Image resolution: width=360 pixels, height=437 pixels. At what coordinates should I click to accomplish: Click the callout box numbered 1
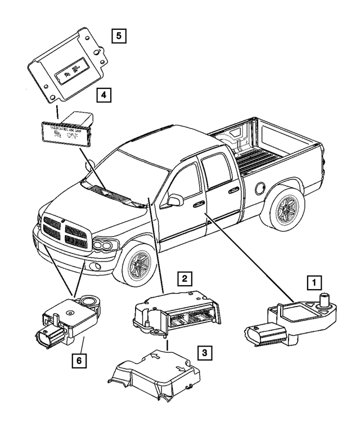314,282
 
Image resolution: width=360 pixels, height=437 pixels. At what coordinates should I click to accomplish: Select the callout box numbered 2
183,278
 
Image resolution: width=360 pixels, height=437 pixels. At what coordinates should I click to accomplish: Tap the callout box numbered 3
206,353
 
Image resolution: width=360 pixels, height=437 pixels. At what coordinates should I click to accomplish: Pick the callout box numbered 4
103,96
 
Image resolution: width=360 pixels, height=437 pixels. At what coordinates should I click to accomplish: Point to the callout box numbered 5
118,36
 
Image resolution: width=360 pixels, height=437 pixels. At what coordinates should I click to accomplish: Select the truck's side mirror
175,200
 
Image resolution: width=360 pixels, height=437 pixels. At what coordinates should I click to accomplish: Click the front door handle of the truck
198,206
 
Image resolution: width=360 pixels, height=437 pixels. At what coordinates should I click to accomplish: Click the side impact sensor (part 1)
290,320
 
